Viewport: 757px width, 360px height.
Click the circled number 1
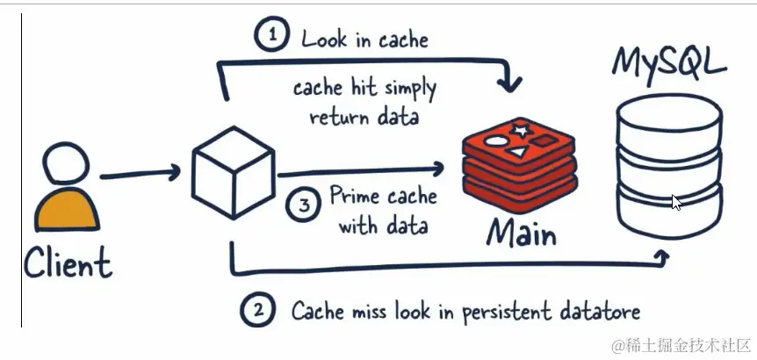[x=272, y=36]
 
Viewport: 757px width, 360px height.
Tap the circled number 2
[x=256, y=310]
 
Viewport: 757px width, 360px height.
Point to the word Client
[x=68, y=262]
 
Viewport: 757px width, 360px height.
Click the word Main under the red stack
[x=522, y=233]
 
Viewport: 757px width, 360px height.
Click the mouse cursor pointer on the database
[x=676, y=202]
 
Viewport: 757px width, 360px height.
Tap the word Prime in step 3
[x=355, y=196]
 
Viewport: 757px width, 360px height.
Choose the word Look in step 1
[x=325, y=39]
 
